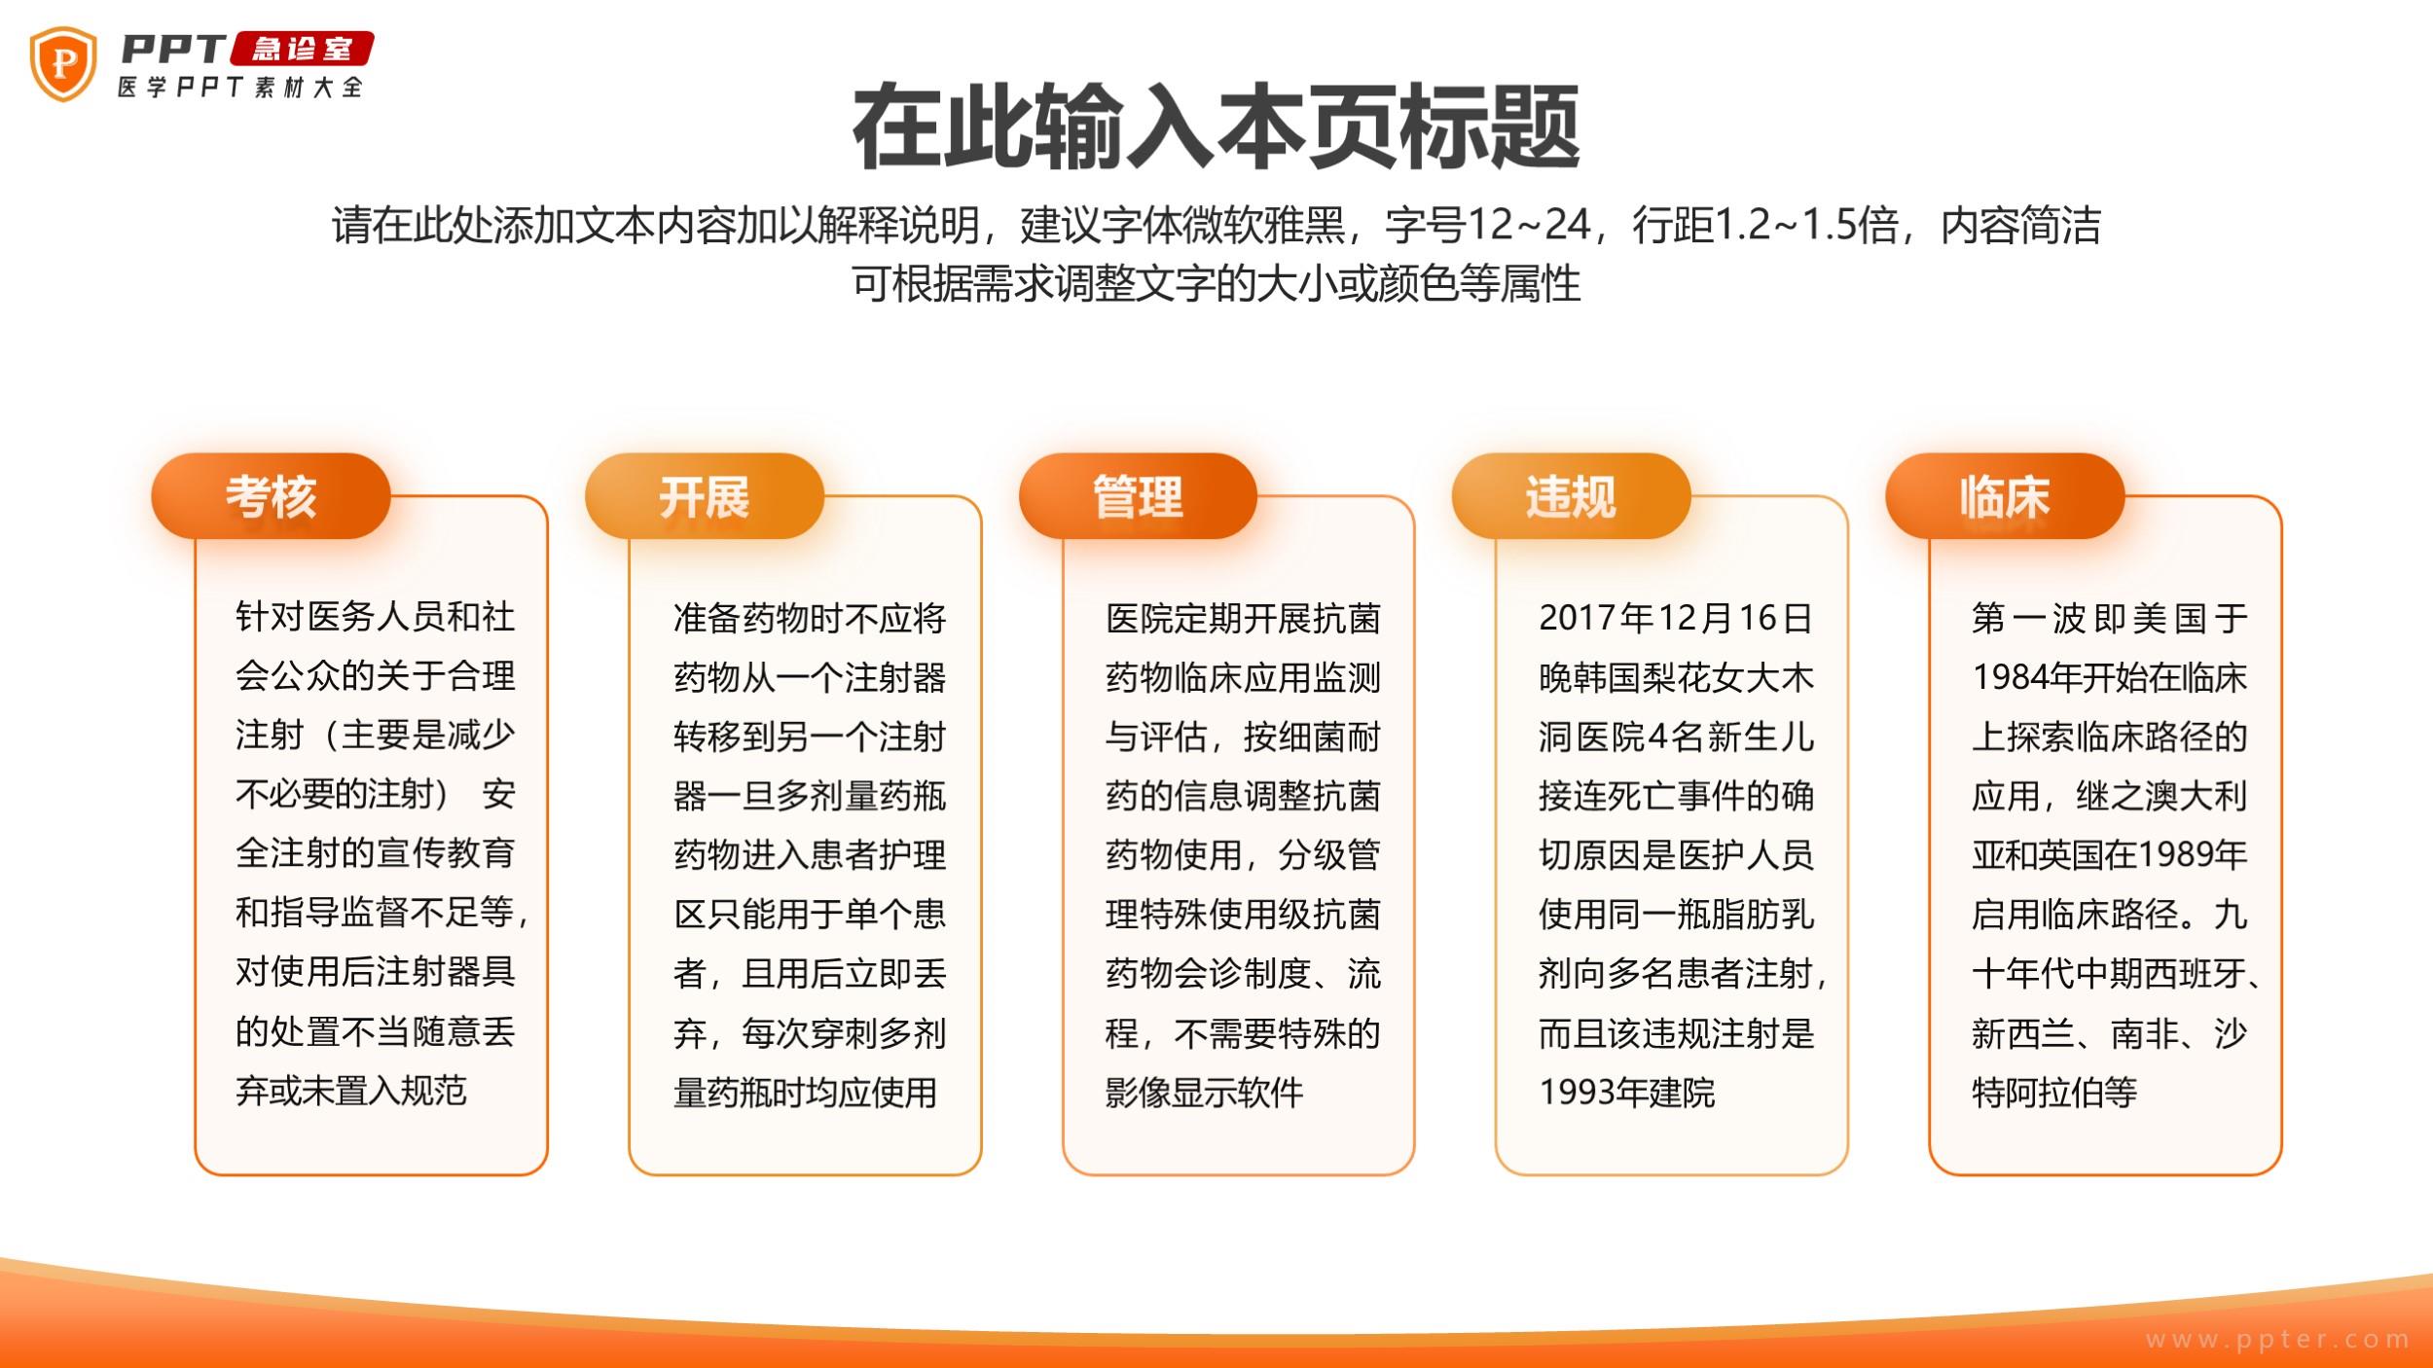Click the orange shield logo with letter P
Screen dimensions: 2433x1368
63,64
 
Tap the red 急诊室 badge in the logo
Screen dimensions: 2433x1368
303,49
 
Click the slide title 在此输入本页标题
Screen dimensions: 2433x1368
1216,127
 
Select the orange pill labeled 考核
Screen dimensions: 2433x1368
271,496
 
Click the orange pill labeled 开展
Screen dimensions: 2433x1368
704,496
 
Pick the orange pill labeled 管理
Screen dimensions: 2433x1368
1138,496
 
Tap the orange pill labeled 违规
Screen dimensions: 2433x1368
1571,496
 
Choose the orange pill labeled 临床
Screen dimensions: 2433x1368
2005,496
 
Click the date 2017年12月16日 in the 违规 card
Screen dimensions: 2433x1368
1676,618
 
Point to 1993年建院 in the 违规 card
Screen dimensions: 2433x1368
1626,1092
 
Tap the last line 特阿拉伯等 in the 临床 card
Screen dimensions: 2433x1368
2054,1092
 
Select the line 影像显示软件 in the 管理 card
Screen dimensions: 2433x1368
1204,1092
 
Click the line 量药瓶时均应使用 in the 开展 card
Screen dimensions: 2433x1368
805,1092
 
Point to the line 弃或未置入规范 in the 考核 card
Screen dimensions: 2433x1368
351,1090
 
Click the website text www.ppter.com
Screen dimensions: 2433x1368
2278,1340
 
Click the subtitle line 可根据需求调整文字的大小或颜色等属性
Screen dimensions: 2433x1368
1216,283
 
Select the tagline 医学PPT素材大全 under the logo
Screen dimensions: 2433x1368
240,87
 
